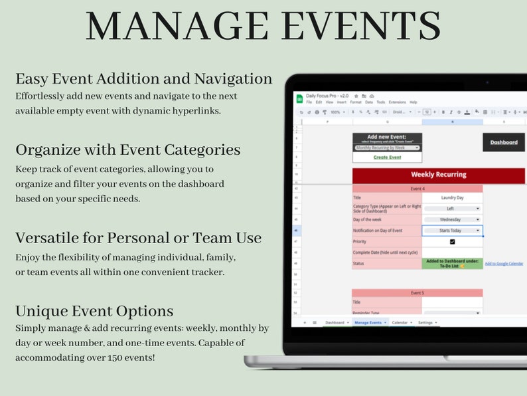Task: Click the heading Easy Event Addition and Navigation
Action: [144, 78]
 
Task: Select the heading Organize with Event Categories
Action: [127, 149]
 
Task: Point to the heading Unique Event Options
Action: [94, 311]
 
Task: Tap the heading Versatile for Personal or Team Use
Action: [138, 237]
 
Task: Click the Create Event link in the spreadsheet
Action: [387, 157]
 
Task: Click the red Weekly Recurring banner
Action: [438, 175]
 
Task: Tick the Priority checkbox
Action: [452, 242]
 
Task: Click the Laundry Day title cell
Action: [452, 197]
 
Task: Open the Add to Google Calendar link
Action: [504, 264]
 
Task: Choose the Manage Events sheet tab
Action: [370, 322]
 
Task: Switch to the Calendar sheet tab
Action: [401, 322]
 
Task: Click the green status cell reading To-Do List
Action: [452, 263]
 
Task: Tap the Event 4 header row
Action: [417, 189]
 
